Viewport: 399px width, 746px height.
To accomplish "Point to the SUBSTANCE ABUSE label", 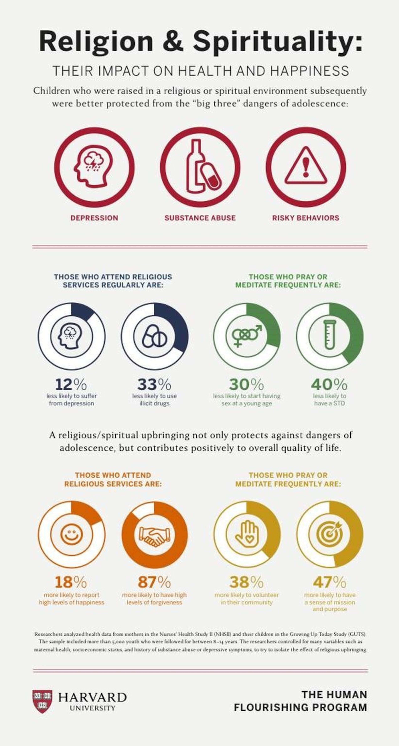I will point(200,218).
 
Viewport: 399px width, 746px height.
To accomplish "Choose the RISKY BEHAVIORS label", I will point(306,218).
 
